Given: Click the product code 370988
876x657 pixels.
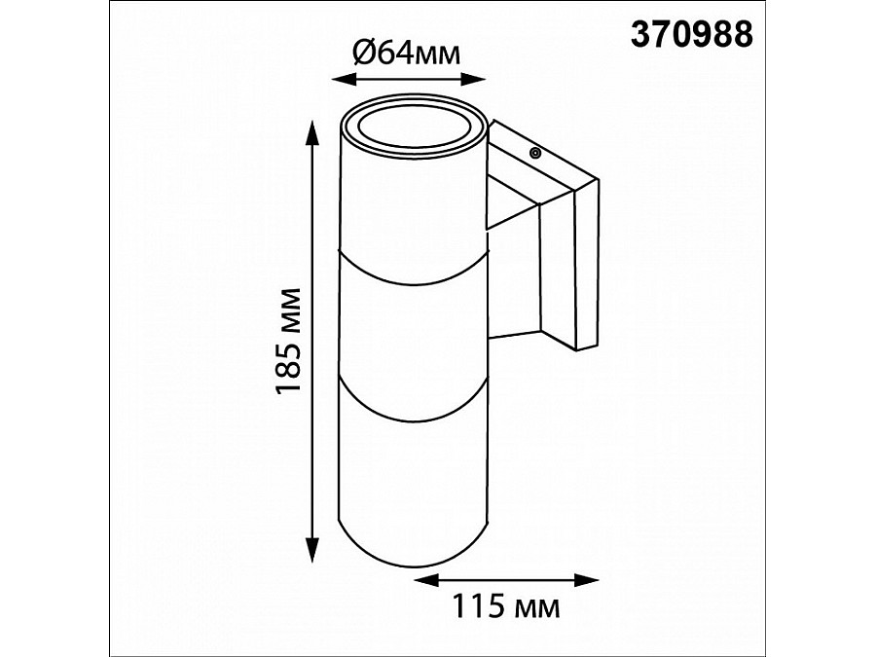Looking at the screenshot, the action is [692, 35].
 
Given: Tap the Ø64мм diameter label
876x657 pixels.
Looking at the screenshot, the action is [406, 54].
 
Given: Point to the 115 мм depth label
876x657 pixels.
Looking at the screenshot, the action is [505, 606].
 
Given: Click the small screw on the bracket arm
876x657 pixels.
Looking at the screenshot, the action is [535, 153].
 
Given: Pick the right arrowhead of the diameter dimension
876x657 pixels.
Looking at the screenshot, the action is [473, 80].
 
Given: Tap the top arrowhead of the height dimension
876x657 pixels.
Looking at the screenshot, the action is [312, 133].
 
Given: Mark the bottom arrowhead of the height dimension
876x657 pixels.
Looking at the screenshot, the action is [312, 549].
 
